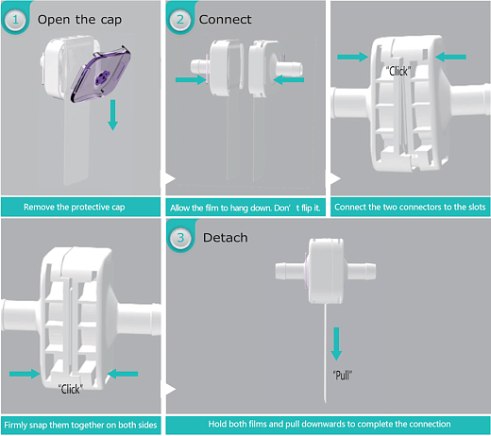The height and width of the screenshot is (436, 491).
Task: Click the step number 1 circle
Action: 15,20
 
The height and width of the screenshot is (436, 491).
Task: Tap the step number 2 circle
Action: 180,20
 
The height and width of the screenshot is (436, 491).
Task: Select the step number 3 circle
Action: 180,238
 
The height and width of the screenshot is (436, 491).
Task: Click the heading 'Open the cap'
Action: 79,20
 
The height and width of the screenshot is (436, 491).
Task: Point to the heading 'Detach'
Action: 226,238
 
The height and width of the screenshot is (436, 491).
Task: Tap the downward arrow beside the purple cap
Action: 112,115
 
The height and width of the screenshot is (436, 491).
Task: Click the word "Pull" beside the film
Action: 343,376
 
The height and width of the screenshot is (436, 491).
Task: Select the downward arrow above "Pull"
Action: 336,344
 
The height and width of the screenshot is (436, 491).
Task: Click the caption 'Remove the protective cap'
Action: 75,207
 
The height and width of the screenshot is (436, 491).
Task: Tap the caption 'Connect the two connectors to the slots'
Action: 410,207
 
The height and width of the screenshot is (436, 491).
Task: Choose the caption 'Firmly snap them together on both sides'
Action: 80,426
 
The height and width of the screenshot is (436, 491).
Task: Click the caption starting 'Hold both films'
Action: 330,424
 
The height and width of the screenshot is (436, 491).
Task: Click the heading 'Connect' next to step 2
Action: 226,20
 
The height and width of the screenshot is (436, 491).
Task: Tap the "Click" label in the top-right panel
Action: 398,72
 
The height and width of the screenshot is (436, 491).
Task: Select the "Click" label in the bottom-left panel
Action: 71,390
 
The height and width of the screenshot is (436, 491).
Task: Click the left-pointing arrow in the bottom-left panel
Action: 123,374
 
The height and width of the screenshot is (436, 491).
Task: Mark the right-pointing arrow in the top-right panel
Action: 352,57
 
